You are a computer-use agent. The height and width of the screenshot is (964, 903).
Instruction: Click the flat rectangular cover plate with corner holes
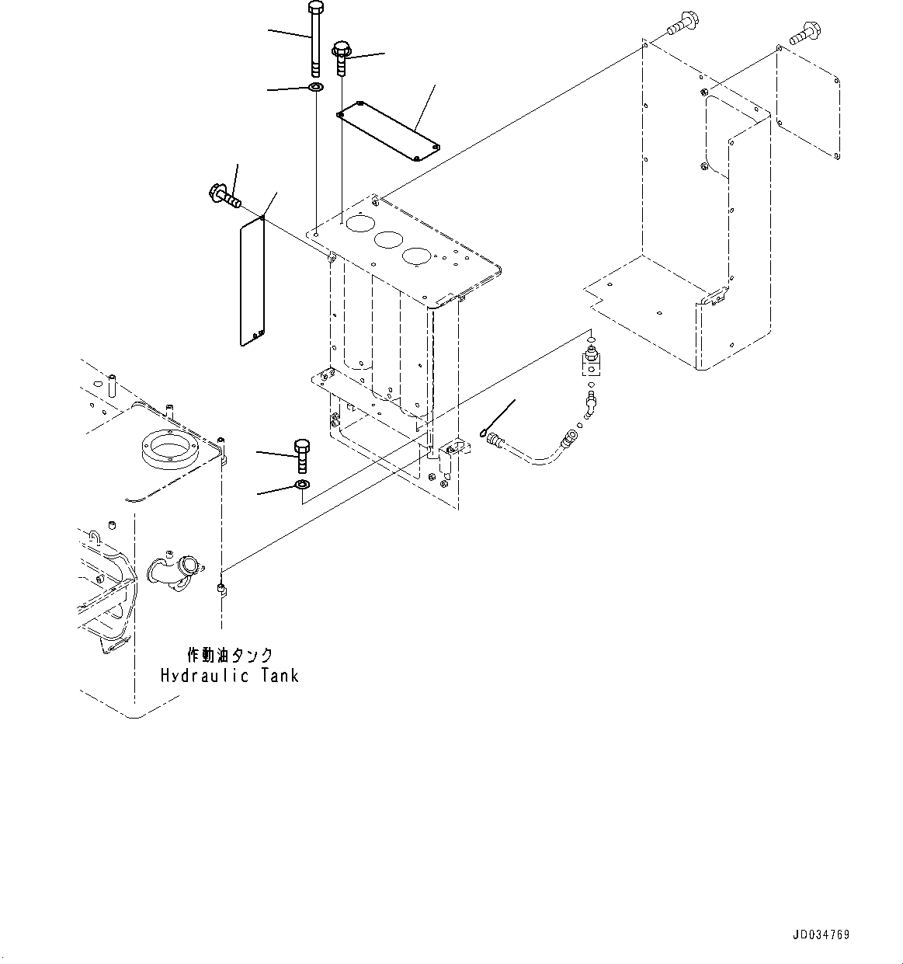click(x=387, y=131)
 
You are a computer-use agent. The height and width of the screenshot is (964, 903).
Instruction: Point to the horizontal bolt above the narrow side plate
click(x=224, y=195)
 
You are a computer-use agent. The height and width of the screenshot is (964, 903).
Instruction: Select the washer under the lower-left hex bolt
click(x=302, y=486)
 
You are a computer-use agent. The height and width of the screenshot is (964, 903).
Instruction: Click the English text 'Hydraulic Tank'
click(x=229, y=676)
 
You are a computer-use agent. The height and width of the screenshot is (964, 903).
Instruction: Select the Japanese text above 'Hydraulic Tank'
click(x=230, y=656)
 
